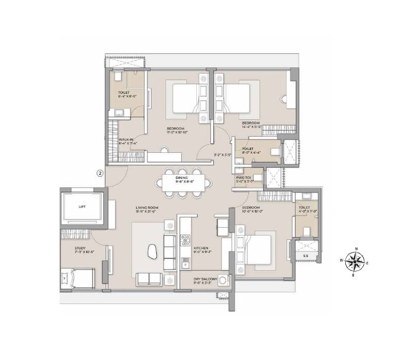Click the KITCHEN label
201,250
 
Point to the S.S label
305,255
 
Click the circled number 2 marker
100,173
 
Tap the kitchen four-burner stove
185,240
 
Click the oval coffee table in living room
152,251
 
